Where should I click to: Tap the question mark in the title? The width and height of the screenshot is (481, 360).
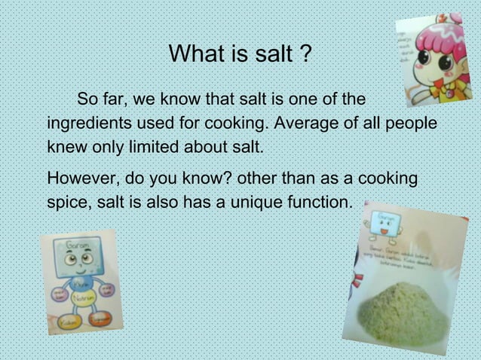click(305, 53)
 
